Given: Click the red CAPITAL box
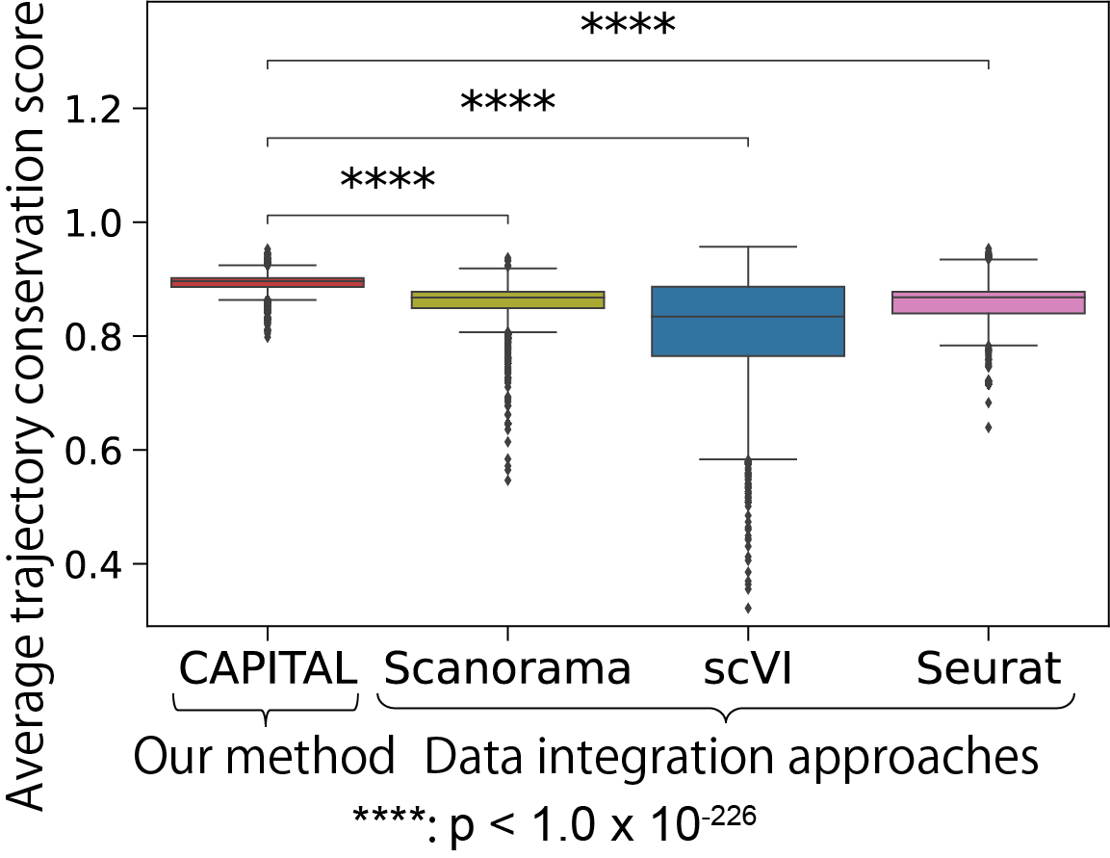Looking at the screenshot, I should (x=267, y=282).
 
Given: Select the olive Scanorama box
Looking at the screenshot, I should (x=507, y=299).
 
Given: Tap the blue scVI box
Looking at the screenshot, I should (x=748, y=322).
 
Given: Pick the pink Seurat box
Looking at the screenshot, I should (x=989, y=302).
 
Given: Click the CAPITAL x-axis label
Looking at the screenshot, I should (x=267, y=667).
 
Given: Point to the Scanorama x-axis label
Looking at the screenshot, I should (x=507, y=667).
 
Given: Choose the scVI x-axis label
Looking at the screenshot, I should (x=748, y=667).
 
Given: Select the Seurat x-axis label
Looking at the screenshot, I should (x=989, y=667).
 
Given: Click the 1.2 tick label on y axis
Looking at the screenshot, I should (x=98, y=109).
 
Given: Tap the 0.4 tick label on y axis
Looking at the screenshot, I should (x=98, y=564).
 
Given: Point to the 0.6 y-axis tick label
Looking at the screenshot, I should (x=98, y=451).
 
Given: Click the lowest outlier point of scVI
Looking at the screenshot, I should (x=748, y=608).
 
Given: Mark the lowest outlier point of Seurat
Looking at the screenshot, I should (x=989, y=428).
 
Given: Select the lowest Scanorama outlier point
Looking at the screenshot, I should (x=507, y=480).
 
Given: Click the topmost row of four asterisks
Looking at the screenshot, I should (x=628, y=27).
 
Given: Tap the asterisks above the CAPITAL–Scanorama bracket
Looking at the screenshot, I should (x=387, y=181).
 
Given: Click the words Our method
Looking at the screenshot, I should (x=265, y=758).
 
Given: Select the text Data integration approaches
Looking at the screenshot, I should (x=732, y=758).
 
